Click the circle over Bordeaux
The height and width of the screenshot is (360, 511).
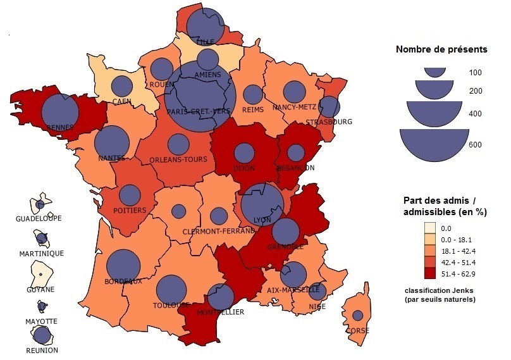[123, 266]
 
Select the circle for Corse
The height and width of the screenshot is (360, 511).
[358, 315]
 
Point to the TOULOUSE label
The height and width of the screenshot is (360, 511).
[171, 305]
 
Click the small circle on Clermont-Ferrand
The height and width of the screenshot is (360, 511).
[219, 216]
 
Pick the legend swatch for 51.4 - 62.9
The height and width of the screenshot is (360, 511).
[430, 273]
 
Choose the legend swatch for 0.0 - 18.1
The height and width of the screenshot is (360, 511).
[430, 239]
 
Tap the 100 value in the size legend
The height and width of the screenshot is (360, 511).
[476, 73]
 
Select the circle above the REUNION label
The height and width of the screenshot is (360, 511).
[43, 335]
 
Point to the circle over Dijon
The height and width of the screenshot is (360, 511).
[243, 153]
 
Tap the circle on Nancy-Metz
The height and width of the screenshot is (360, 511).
[293, 92]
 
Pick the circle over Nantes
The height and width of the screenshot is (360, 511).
[112, 141]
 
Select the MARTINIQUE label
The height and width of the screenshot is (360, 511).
[42, 253]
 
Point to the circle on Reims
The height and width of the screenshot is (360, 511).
[253, 95]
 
